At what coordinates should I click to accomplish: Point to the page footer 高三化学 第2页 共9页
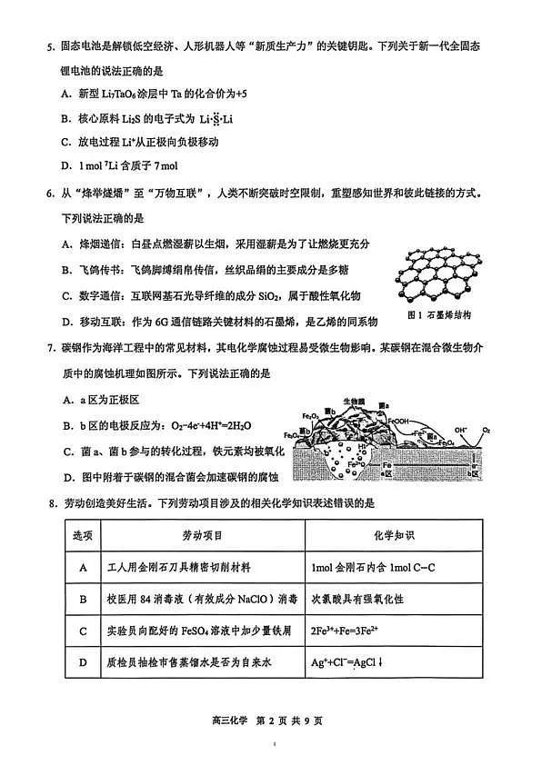(x=271, y=720)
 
